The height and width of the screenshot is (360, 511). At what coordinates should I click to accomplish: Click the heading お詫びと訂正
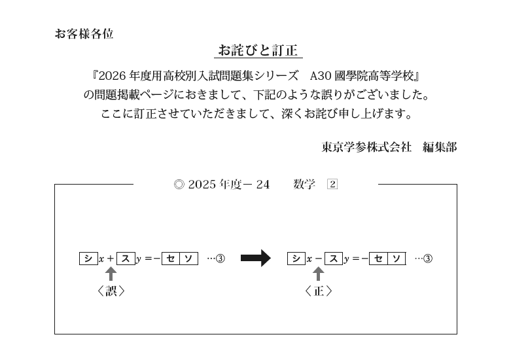coord(258,50)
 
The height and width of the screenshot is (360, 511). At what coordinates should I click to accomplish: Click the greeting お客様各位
coord(84,33)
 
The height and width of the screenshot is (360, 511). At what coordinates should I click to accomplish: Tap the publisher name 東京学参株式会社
coord(366,147)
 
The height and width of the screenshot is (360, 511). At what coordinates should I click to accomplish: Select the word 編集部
coord(440,147)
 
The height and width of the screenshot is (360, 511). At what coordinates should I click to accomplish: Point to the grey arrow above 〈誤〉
coord(111,274)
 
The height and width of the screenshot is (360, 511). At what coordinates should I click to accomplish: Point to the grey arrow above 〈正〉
coord(319,274)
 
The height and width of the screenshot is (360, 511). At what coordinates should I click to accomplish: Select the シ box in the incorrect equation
coord(88,259)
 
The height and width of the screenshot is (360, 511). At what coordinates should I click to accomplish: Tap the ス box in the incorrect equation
coord(126,259)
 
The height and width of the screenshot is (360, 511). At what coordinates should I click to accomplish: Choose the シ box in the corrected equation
coord(296,259)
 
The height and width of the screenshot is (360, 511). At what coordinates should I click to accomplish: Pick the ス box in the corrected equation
coord(334,259)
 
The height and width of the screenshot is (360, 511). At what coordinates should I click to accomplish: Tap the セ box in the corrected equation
coord(378,259)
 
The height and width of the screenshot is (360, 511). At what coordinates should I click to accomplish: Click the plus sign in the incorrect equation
coord(110,259)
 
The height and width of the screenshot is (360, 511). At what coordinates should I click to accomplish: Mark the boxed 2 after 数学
coord(332,185)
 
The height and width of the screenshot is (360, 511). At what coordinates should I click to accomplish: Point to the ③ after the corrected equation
coord(428,259)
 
